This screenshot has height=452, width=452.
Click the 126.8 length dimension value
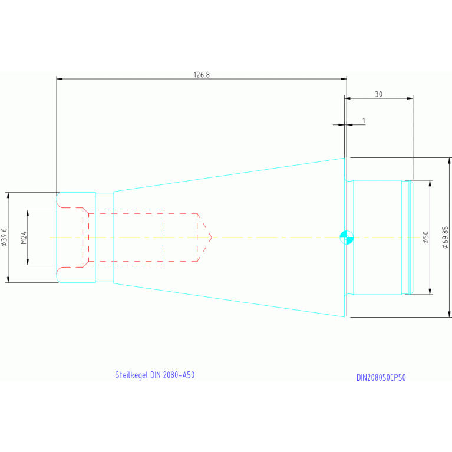pyautogui.click(x=202, y=75)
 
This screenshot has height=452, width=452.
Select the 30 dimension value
pyautogui.click(x=378, y=94)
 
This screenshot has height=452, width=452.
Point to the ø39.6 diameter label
pyautogui.click(x=5, y=237)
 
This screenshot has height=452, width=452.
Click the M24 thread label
pyautogui.click(x=24, y=237)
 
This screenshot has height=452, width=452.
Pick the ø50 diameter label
pyautogui.click(x=425, y=237)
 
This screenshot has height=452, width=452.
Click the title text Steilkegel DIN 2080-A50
pyautogui.click(x=154, y=375)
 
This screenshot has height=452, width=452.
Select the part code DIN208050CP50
pyautogui.click(x=381, y=378)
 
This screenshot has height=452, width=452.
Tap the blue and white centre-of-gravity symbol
pyautogui.click(x=347, y=237)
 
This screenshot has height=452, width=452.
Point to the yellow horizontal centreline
pyautogui.click(x=265, y=237)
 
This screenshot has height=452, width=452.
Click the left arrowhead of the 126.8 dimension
pyautogui.click(x=60, y=79)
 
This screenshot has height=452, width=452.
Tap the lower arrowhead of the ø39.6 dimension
pyautogui.click(x=8, y=279)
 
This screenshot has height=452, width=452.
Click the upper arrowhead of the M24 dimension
pyautogui.click(x=27, y=213)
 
